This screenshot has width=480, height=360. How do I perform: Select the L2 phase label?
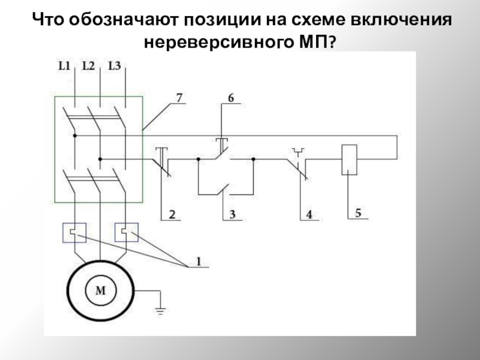coord(89,66)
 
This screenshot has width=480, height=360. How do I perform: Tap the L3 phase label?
coord(114,66)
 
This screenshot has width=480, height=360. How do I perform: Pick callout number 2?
coord(172,214)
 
